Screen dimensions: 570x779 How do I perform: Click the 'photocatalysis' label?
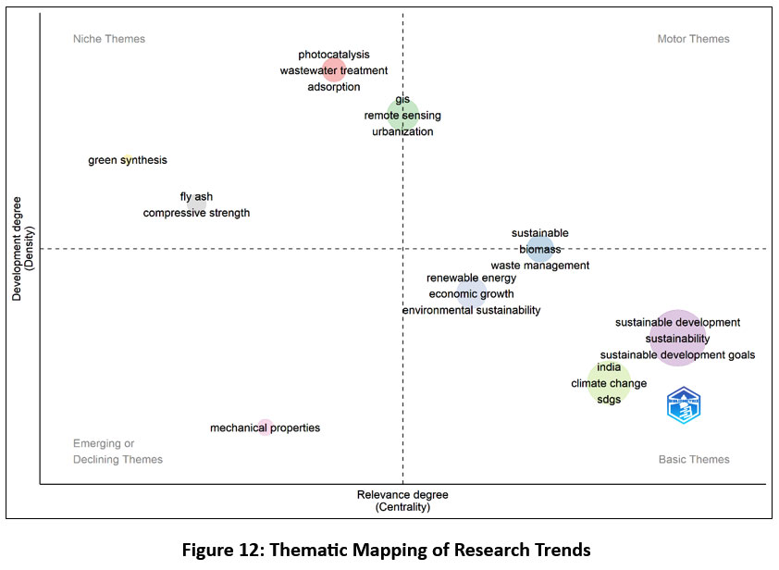coord(333,55)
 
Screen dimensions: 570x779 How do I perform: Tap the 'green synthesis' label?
coord(128,160)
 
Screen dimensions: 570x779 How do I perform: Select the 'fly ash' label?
coord(196,196)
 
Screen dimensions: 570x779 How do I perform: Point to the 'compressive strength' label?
coord(196,213)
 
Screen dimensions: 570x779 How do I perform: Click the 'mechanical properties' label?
coord(265,427)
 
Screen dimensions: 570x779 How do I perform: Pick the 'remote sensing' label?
coord(402,116)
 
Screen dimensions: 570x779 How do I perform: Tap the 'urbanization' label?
coord(402,131)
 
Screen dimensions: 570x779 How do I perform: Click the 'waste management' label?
coord(539,266)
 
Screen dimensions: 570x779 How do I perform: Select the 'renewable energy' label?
coord(471,278)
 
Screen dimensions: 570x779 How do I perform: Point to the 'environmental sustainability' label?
coord(471,310)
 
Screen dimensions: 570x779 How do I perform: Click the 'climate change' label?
coord(609,383)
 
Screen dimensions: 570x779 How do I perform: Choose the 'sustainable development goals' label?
coord(677,354)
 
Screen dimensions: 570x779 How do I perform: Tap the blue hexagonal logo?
coord(684,406)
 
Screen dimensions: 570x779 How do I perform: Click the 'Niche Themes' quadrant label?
coord(109,39)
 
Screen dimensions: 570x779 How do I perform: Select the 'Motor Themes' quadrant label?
coord(693,39)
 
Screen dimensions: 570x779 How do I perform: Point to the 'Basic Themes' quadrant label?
coord(694,459)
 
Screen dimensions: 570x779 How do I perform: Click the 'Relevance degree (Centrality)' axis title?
coord(402,501)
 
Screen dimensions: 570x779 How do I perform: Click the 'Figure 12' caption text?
coord(386,550)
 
